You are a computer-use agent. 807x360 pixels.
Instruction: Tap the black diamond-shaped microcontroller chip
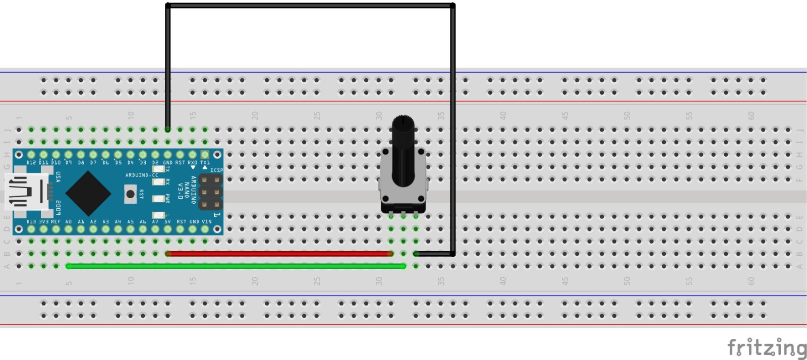pos(88,193)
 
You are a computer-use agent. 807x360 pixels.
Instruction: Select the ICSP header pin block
pos(211,192)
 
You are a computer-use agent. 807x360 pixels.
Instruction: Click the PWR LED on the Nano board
pos(159,198)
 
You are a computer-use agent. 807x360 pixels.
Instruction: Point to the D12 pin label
pos(31,163)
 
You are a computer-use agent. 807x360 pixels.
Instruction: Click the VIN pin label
pos(207,222)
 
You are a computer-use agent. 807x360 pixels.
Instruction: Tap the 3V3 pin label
pos(44,222)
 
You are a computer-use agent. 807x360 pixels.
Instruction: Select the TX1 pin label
pos(205,163)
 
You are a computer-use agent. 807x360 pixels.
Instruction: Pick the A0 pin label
pos(69,222)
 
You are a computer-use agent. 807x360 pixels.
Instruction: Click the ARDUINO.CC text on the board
pos(142,175)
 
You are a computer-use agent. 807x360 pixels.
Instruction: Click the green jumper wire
pos(236,266)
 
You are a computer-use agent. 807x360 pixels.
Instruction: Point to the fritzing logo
pos(766,348)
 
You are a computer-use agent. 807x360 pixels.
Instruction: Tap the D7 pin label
pos(93,163)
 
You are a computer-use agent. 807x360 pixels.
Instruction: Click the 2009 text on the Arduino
pos(59,208)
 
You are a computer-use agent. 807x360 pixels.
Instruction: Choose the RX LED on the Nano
pos(159,182)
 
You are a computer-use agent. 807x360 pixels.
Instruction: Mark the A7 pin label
pos(155,222)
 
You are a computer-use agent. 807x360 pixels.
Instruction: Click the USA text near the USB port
pos(59,177)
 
